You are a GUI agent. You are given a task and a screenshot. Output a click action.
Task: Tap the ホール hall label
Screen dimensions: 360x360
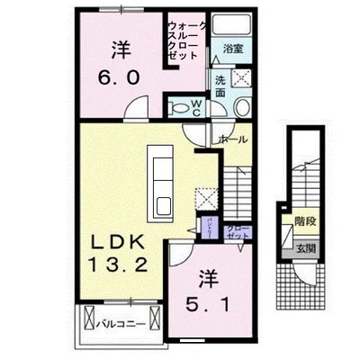(234, 140)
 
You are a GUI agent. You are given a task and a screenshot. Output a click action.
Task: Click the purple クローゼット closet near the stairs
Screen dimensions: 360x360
(237, 230)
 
